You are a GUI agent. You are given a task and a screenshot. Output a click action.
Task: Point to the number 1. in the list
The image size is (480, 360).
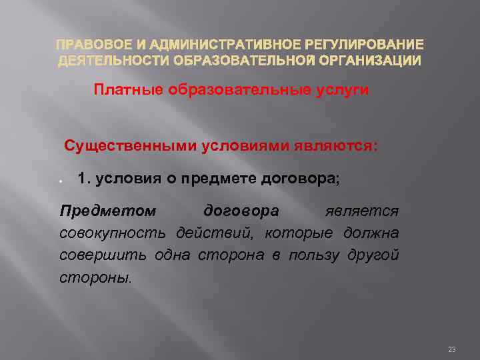click(x=84, y=178)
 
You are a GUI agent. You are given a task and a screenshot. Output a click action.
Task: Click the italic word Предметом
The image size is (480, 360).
click(x=109, y=211)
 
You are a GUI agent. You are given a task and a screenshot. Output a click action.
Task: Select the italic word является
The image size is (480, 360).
click(x=362, y=211)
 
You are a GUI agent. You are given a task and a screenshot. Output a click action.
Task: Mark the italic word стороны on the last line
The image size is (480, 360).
click(x=95, y=277)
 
